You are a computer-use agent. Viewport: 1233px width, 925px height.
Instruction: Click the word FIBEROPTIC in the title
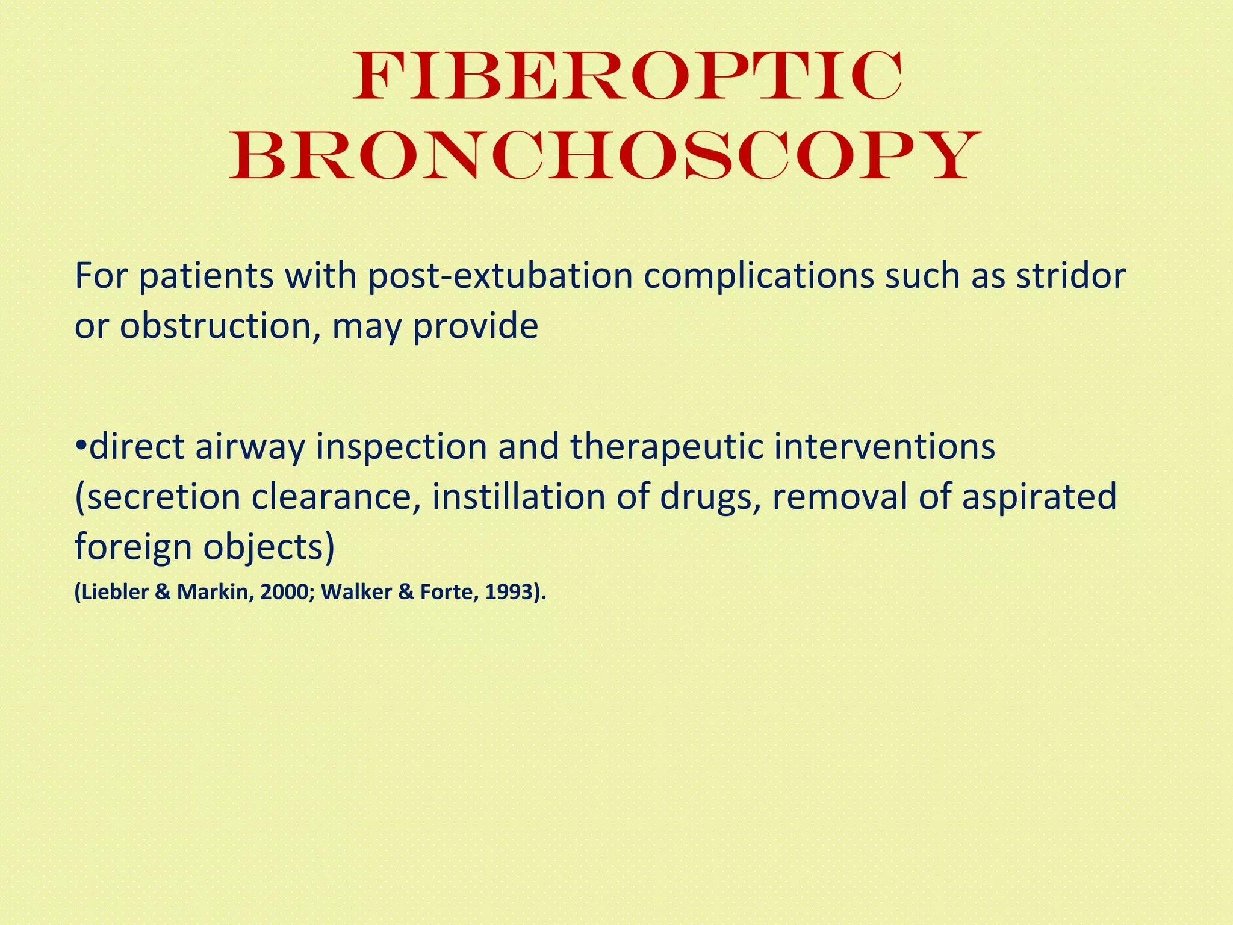627,77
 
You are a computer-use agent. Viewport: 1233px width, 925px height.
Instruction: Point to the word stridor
1071,276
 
